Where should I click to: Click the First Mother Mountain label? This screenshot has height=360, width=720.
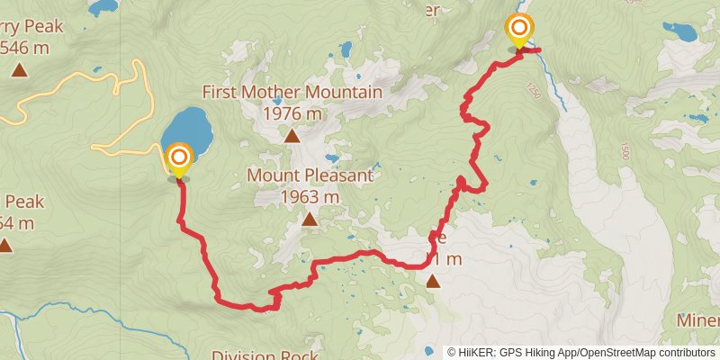(x=292, y=92)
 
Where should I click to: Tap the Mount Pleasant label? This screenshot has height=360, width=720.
(x=310, y=175)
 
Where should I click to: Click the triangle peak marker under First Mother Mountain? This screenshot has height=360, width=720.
(x=292, y=137)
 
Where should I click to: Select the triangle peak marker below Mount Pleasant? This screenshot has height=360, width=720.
(x=310, y=220)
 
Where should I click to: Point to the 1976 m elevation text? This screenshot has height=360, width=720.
(x=292, y=114)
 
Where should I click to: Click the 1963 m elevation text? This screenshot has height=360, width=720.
(x=310, y=196)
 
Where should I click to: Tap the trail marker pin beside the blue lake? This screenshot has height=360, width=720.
(x=178, y=159)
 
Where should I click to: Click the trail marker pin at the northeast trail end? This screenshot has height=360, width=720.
(x=519, y=31)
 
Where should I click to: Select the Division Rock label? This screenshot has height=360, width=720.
(x=265, y=353)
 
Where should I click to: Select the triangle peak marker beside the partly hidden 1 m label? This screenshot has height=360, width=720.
(x=433, y=282)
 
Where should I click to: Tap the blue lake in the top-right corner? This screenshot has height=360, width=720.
(x=679, y=32)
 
